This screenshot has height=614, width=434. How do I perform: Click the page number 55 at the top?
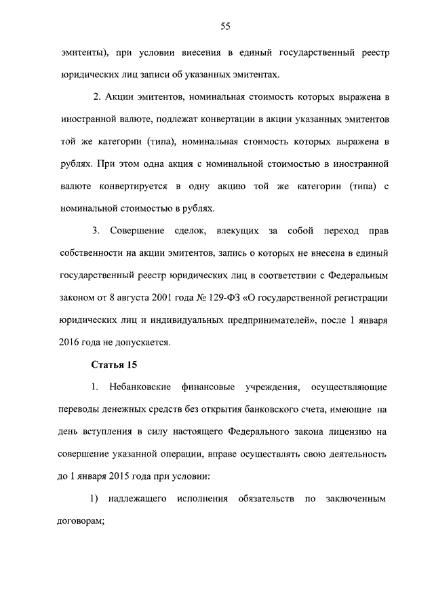[226, 26]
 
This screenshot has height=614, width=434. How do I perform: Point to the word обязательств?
[267, 499]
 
